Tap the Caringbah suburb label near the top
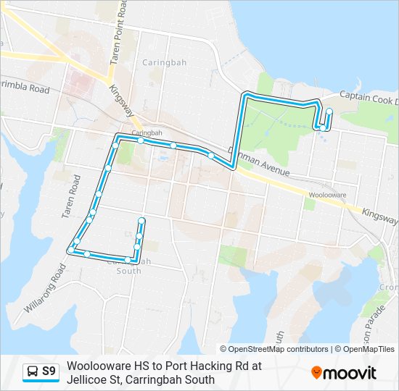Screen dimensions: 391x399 164,63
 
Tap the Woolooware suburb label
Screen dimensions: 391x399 327,195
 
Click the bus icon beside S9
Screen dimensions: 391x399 33,372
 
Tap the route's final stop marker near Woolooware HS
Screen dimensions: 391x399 329,112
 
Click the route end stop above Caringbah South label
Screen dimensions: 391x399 141,220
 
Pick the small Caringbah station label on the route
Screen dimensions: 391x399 147,133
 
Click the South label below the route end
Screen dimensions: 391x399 129,271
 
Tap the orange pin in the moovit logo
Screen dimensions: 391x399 316,373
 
